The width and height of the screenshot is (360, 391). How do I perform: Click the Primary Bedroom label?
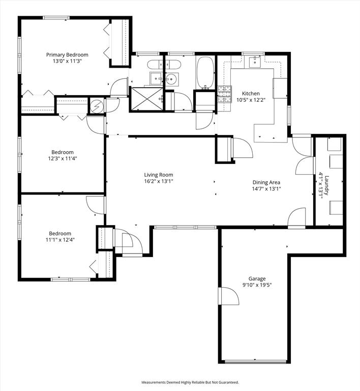tap(67, 55)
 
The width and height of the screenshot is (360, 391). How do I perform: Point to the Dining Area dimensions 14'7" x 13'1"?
tap(266, 188)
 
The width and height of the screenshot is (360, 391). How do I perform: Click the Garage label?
tap(257, 278)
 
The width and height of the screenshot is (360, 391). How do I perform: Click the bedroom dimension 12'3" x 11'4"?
tap(62, 158)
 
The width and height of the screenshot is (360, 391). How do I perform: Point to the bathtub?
tap(205, 72)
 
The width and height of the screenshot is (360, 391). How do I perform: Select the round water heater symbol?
tap(97, 106)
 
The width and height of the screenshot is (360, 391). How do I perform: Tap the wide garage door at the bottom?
tap(256, 362)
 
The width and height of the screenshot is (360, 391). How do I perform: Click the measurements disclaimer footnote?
tap(190, 382)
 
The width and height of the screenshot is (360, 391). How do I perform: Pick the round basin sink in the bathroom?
tap(170, 79)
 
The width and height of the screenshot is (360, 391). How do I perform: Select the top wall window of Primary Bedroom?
tap(56, 18)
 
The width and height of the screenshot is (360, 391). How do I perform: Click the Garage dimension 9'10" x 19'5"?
tap(257, 286)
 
